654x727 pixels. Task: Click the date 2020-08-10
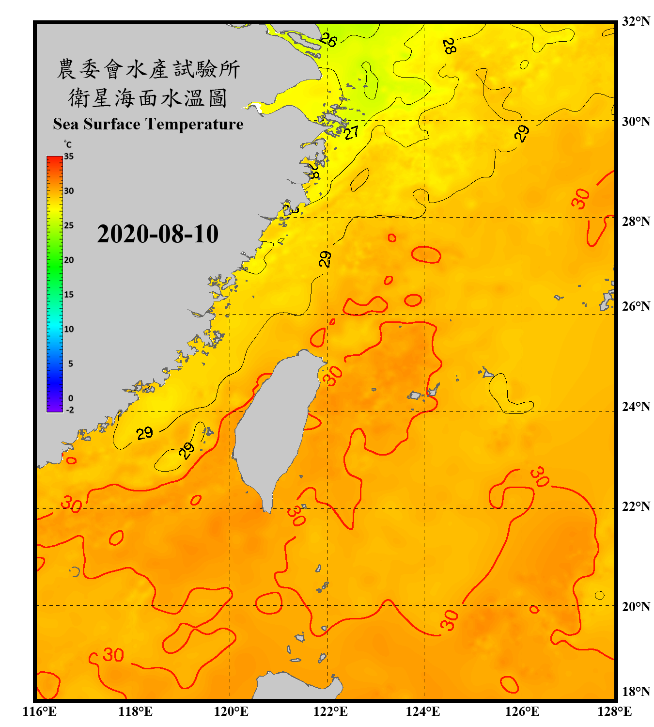click(x=157, y=234)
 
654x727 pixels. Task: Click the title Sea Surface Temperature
click(x=148, y=124)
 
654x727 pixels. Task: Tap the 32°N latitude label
click(x=636, y=21)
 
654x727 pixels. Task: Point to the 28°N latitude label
click(x=636, y=221)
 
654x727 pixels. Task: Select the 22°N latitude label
click(x=636, y=506)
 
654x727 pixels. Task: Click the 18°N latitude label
click(x=636, y=692)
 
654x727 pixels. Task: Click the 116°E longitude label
click(x=39, y=711)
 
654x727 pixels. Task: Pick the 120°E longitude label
click(x=231, y=711)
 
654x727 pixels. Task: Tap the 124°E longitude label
click(x=423, y=711)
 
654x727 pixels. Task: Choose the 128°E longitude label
click(x=614, y=711)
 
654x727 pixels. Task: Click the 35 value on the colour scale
click(x=69, y=157)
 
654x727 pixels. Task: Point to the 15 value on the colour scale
click(x=69, y=295)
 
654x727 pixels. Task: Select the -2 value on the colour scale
click(x=70, y=410)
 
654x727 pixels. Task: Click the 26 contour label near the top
click(x=328, y=40)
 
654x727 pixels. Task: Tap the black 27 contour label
click(x=352, y=132)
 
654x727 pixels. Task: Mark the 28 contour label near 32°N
click(x=449, y=46)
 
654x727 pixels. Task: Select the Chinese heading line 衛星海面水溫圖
click(x=148, y=98)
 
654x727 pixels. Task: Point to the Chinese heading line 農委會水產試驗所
click(x=148, y=69)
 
